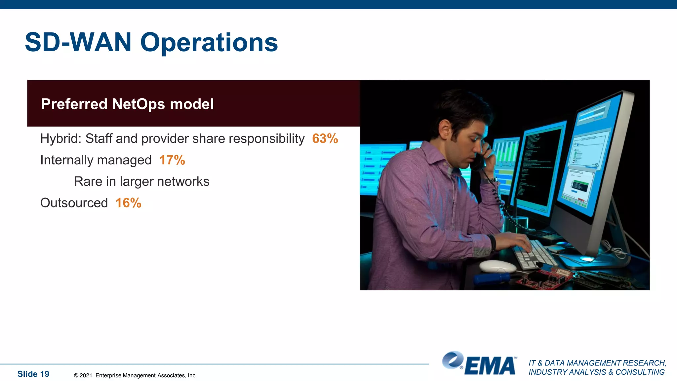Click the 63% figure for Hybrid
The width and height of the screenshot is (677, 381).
click(x=325, y=139)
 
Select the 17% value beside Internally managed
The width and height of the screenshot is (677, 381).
click(x=172, y=160)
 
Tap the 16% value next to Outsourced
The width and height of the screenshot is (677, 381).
click(x=128, y=203)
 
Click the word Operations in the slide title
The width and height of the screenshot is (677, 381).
click(x=209, y=42)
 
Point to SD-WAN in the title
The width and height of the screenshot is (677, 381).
click(x=78, y=42)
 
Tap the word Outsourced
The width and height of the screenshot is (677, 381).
click(x=74, y=203)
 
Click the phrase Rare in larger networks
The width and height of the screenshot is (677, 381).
click(x=141, y=182)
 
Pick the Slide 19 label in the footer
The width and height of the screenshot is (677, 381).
click(x=33, y=374)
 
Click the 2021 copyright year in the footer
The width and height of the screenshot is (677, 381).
click(x=86, y=375)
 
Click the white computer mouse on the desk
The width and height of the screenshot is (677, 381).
click(x=497, y=266)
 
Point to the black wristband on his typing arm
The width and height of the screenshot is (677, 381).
click(x=492, y=242)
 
